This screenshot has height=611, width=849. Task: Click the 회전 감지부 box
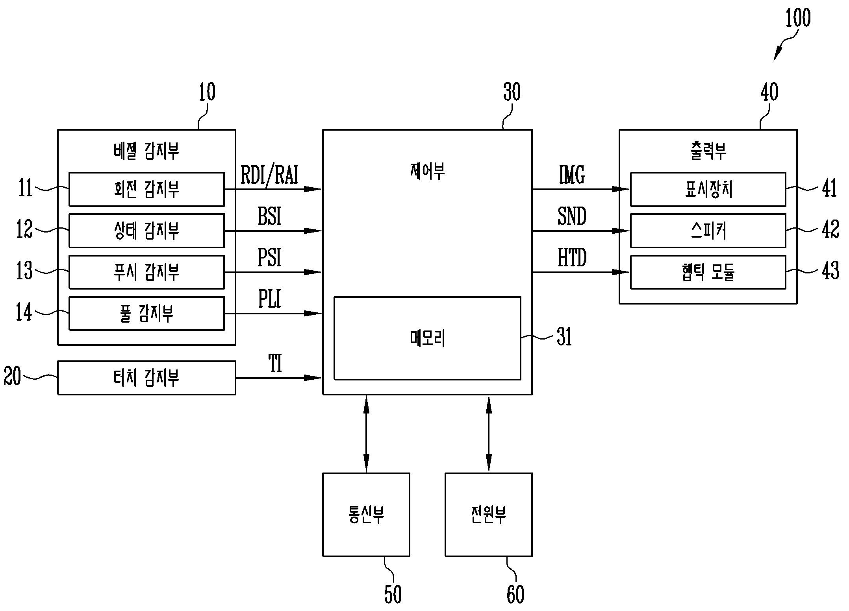point(146,189)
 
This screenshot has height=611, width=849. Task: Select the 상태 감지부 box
point(146,231)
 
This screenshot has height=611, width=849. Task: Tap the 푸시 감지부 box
point(146,272)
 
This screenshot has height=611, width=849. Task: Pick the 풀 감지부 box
point(146,314)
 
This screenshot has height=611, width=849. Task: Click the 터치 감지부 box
point(146,378)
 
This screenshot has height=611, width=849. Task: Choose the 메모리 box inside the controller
point(427,338)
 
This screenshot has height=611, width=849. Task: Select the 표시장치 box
point(708,189)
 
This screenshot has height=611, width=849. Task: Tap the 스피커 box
point(708,231)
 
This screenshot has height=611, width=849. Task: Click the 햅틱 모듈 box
point(708,272)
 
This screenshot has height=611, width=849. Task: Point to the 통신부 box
point(366,515)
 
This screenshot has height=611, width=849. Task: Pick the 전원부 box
point(489,515)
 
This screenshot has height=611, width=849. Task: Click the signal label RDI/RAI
point(269,175)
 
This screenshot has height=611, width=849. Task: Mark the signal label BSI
point(270,216)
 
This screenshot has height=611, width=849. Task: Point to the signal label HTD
point(572,258)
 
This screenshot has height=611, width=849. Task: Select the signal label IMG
point(572,175)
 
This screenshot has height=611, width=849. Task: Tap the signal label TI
point(275,364)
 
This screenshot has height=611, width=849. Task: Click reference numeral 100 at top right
point(798,18)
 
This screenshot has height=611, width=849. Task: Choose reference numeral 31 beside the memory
point(564,337)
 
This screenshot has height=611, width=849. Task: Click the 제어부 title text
point(427,172)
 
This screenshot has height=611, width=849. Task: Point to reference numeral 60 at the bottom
point(515,594)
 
